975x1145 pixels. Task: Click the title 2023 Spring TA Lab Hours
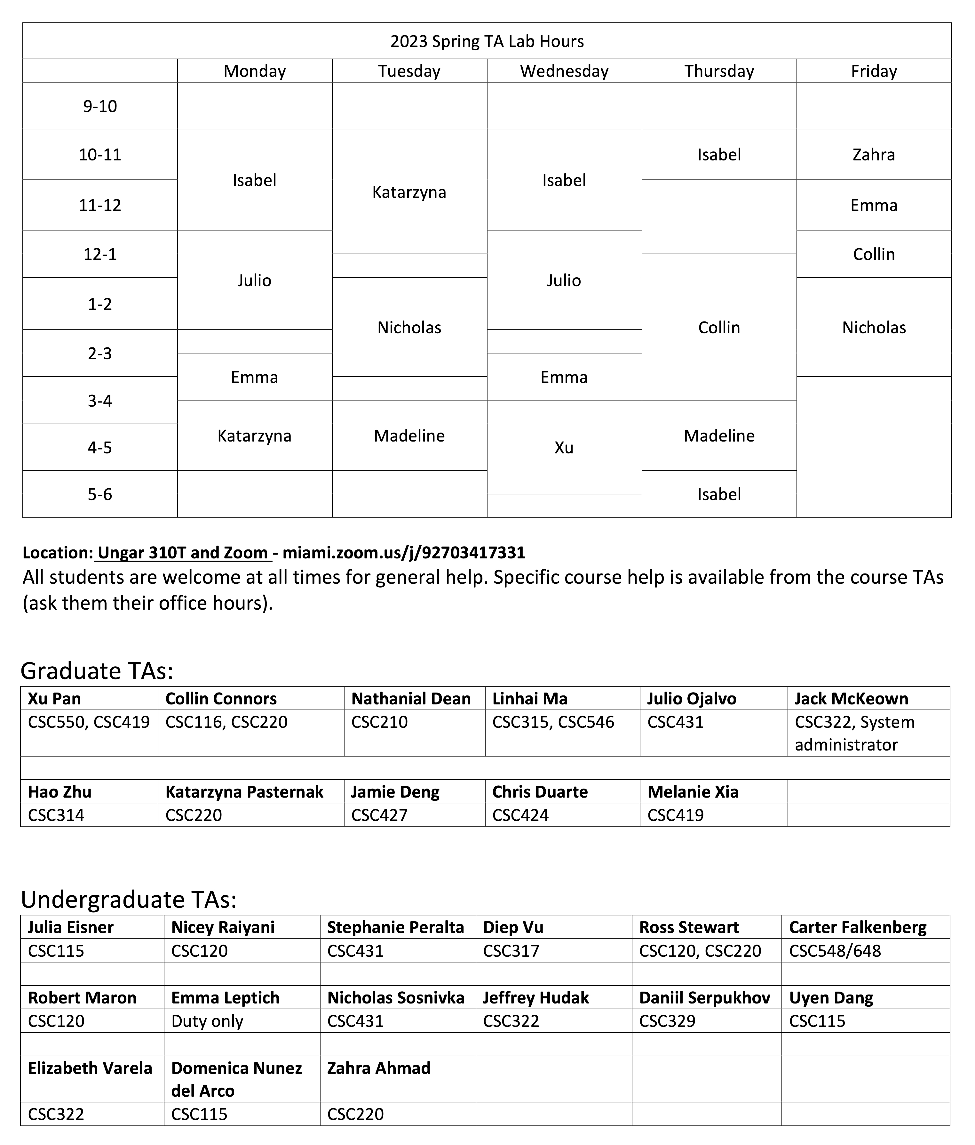(487, 41)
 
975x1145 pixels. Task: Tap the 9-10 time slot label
(100, 106)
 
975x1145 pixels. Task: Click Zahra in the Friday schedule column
(873, 155)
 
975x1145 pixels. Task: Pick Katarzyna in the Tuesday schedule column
(409, 192)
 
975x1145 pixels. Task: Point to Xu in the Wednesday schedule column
(564, 448)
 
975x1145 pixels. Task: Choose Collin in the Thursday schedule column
(719, 328)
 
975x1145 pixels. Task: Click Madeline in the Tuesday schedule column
(409, 436)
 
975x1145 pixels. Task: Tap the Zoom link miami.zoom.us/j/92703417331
(404, 553)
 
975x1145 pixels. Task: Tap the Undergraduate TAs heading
(129, 900)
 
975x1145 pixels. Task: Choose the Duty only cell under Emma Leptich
(207, 1021)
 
